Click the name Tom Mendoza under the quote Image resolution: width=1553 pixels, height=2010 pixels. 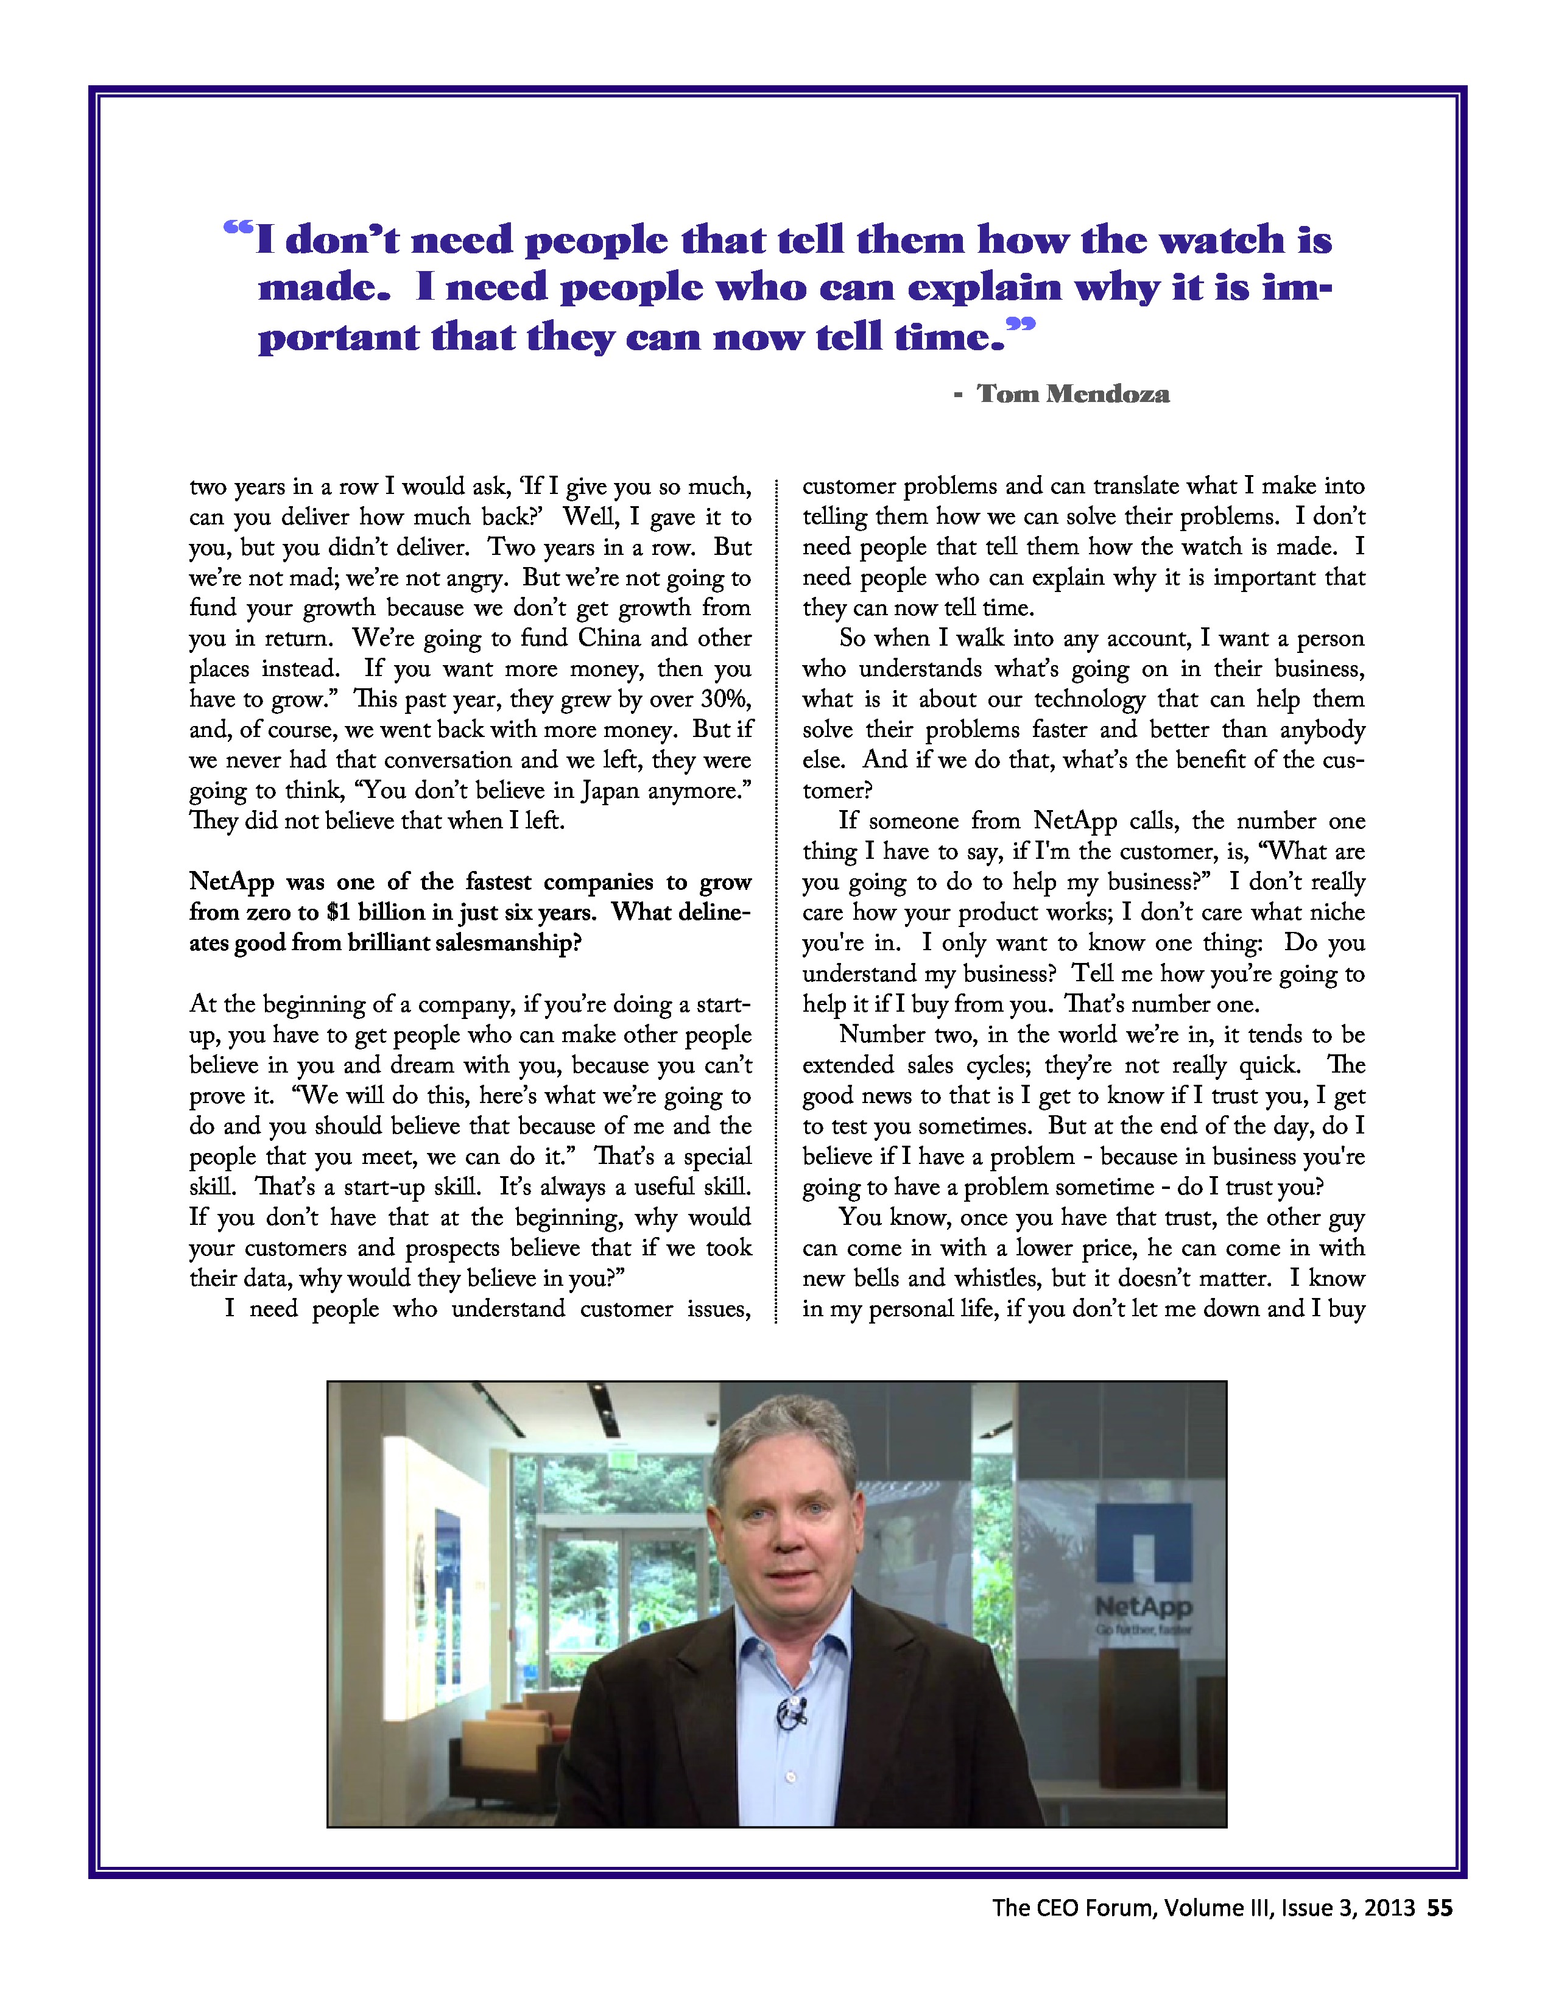(1072, 394)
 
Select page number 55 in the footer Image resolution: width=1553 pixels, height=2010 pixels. (1440, 1908)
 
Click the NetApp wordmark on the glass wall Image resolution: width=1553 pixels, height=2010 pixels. (1144, 1607)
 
